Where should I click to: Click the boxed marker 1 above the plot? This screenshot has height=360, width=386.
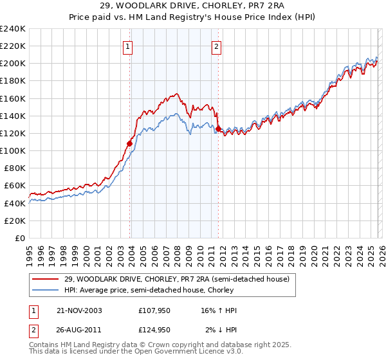click(x=128, y=46)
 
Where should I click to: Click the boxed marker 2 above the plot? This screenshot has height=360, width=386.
click(x=217, y=46)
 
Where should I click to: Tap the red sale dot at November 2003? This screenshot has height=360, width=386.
click(x=130, y=144)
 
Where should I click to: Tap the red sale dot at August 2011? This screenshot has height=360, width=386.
click(x=218, y=129)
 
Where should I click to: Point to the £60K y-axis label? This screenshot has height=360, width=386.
click(x=15, y=186)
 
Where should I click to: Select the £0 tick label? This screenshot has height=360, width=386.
click(x=21, y=238)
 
